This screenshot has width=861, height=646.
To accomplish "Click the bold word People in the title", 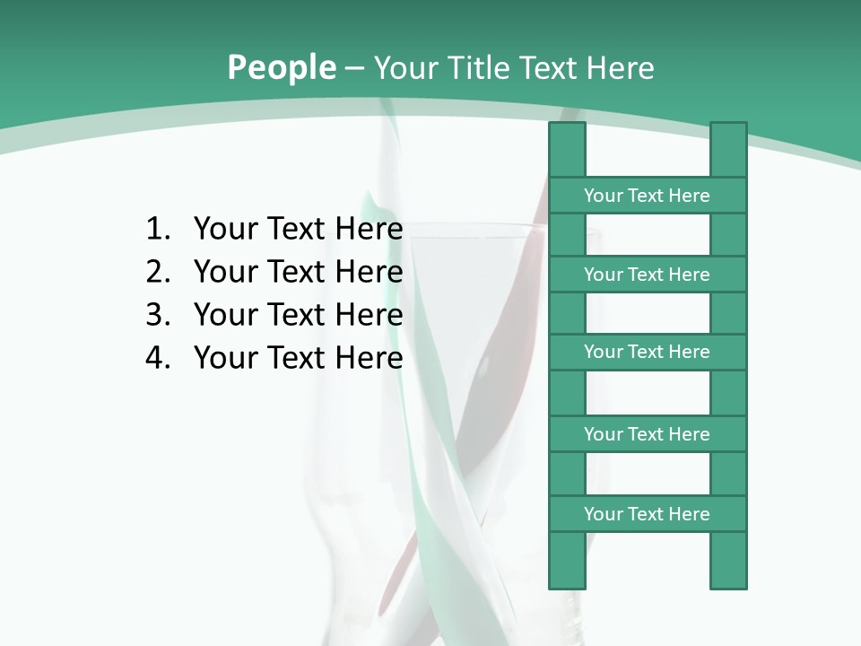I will (x=282, y=67).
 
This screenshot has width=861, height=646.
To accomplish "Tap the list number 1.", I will (x=157, y=230).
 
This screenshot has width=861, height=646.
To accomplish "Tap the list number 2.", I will (x=157, y=272).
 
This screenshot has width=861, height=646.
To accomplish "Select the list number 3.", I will (x=157, y=315).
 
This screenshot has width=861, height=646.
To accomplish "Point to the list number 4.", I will (x=157, y=358).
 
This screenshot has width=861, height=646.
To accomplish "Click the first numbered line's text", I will (x=298, y=230).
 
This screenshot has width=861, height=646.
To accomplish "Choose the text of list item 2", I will (x=298, y=272).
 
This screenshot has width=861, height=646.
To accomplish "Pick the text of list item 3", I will (x=298, y=315).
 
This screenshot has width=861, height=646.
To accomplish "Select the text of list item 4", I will (x=298, y=358).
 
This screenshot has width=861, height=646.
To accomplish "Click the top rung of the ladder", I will (x=647, y=196).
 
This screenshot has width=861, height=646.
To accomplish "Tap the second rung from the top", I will (x=647, y=275).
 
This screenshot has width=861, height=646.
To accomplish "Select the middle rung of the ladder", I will (x=647, y=352).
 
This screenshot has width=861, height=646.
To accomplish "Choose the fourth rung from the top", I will (x=647, y=434).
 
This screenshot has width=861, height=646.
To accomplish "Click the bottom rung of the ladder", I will (x=647, y=514).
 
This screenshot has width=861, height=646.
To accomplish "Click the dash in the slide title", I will (x=353, y=68).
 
